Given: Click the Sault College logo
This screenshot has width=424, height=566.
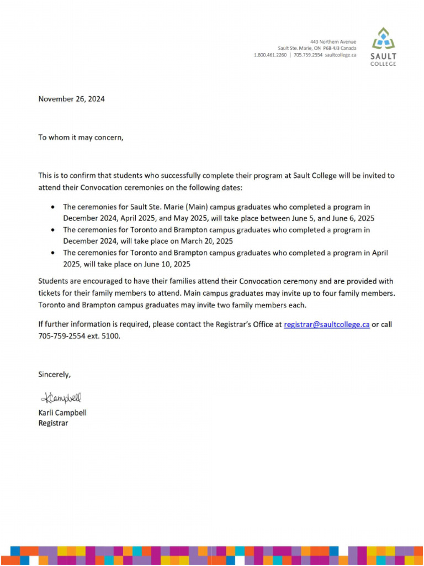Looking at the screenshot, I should [383, 47].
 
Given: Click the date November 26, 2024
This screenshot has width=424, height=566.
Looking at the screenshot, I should [71, 99].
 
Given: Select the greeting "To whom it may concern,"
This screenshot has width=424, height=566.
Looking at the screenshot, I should [81, 138].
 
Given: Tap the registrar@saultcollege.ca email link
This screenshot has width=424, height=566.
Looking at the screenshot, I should [326, 325].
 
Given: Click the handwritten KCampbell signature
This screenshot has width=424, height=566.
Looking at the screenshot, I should [60, 397].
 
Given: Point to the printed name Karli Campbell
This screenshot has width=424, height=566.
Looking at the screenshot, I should [62, 413].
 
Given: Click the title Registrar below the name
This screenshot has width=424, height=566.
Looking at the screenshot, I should [53, 423].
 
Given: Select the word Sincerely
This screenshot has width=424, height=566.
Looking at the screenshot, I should [54, 374].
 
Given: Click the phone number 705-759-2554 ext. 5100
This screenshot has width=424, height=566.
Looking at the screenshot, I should [78, 336].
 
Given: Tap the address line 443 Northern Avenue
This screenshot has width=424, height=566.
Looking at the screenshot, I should [333, 42].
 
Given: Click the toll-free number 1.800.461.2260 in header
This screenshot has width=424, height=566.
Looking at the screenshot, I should [270, 55].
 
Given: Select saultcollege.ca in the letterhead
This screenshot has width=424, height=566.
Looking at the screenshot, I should [340, 55].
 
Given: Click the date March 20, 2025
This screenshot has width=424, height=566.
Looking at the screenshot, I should [205, 242].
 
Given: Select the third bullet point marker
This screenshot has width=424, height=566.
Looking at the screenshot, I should [52, 253].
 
